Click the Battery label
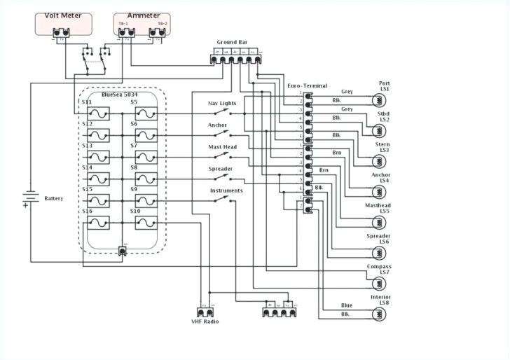[54, 198]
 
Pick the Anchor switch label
[217, 125]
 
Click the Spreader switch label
[220, 169]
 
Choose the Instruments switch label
[226, 191]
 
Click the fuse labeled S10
[147, 223]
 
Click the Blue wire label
[347, 305]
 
